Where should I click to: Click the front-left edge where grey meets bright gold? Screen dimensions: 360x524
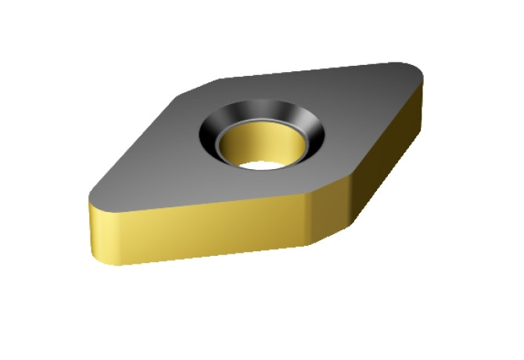[203, 200]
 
